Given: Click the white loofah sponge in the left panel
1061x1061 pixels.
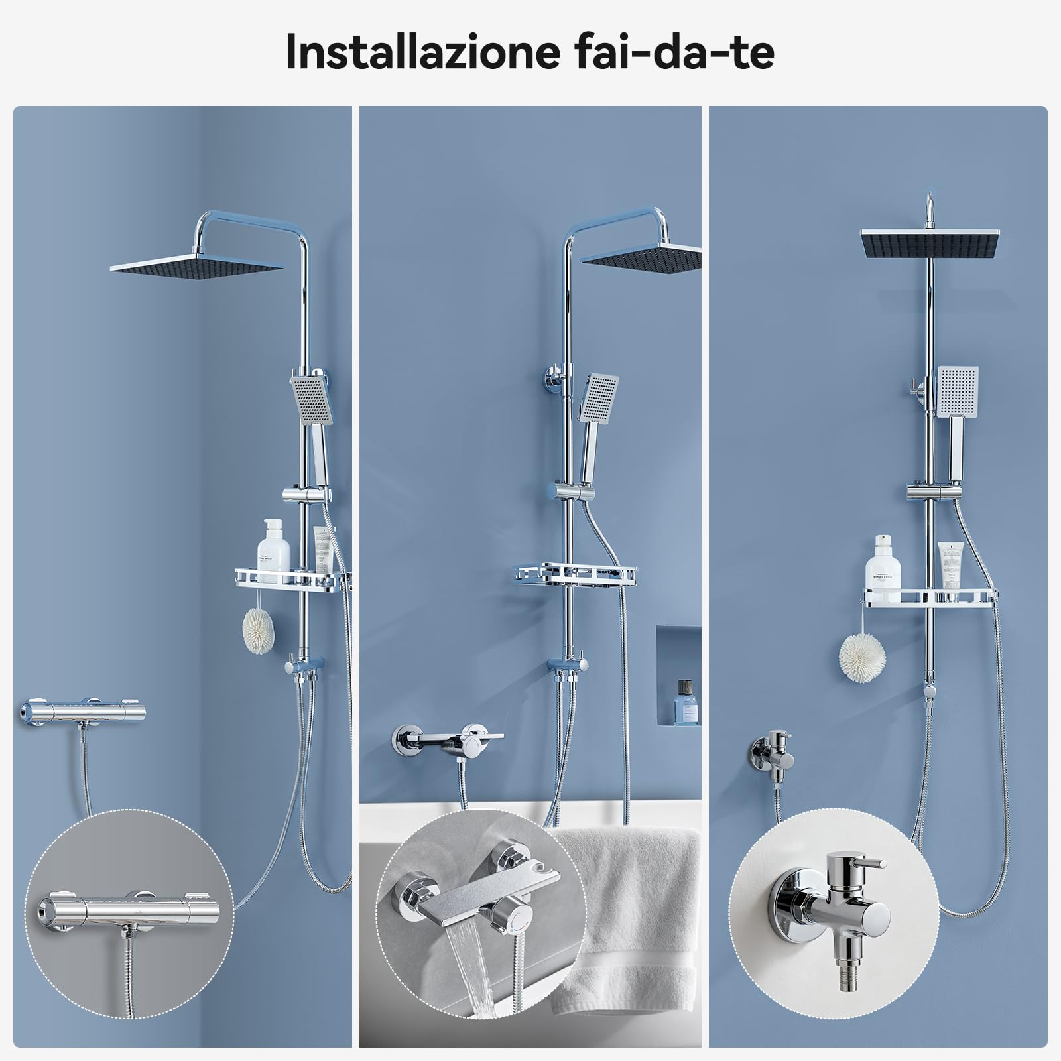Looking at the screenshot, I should [257, 630].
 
